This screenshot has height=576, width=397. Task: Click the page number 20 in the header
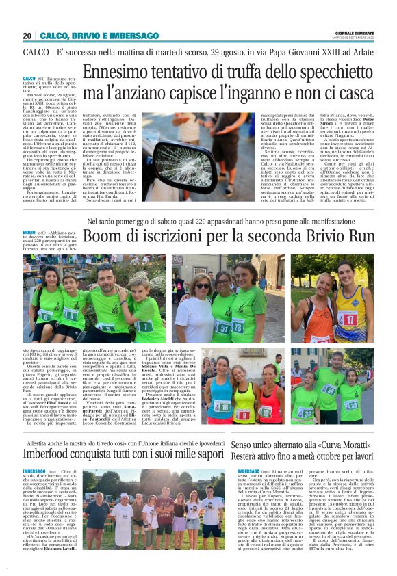click(x=27, y=36)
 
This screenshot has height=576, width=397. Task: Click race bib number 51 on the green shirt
click(x=222, y=326)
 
